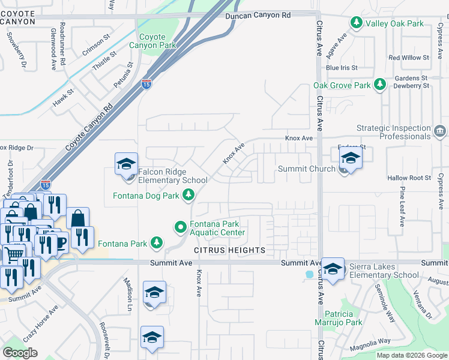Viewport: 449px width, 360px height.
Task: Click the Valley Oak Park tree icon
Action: click(x=356, y=23)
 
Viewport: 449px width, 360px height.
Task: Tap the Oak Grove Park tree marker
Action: click(x=379, y=85)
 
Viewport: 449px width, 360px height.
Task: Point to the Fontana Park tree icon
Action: click(x=157, y=243)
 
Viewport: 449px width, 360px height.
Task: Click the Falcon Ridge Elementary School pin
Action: click(x=127, y=165)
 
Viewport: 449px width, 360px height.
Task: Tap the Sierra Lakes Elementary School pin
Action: click(x=333, y=269)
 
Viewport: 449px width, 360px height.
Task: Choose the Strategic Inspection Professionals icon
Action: click(x=440, y=130)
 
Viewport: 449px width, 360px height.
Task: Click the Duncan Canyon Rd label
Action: click(x=258, y=15)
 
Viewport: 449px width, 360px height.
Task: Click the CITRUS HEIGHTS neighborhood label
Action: click(x=229, y=250)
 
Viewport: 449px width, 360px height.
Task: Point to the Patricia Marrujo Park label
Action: click(x=343, y=318)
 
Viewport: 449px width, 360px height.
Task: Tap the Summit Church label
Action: click(x=306, y=169)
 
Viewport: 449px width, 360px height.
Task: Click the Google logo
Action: click(x=20, y=352)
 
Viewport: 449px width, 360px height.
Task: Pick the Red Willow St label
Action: click(x=409, y=58)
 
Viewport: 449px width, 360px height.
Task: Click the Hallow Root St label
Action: click(x=409, y=178)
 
